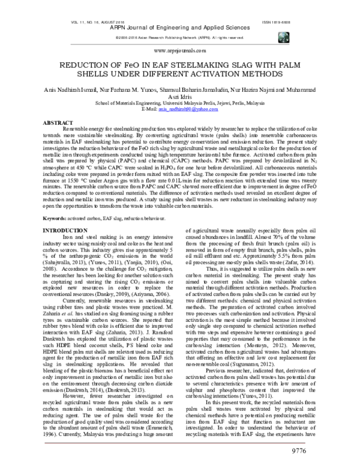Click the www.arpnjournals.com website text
click(x=179, y=53)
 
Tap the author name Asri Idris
click(x=179, y=97)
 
